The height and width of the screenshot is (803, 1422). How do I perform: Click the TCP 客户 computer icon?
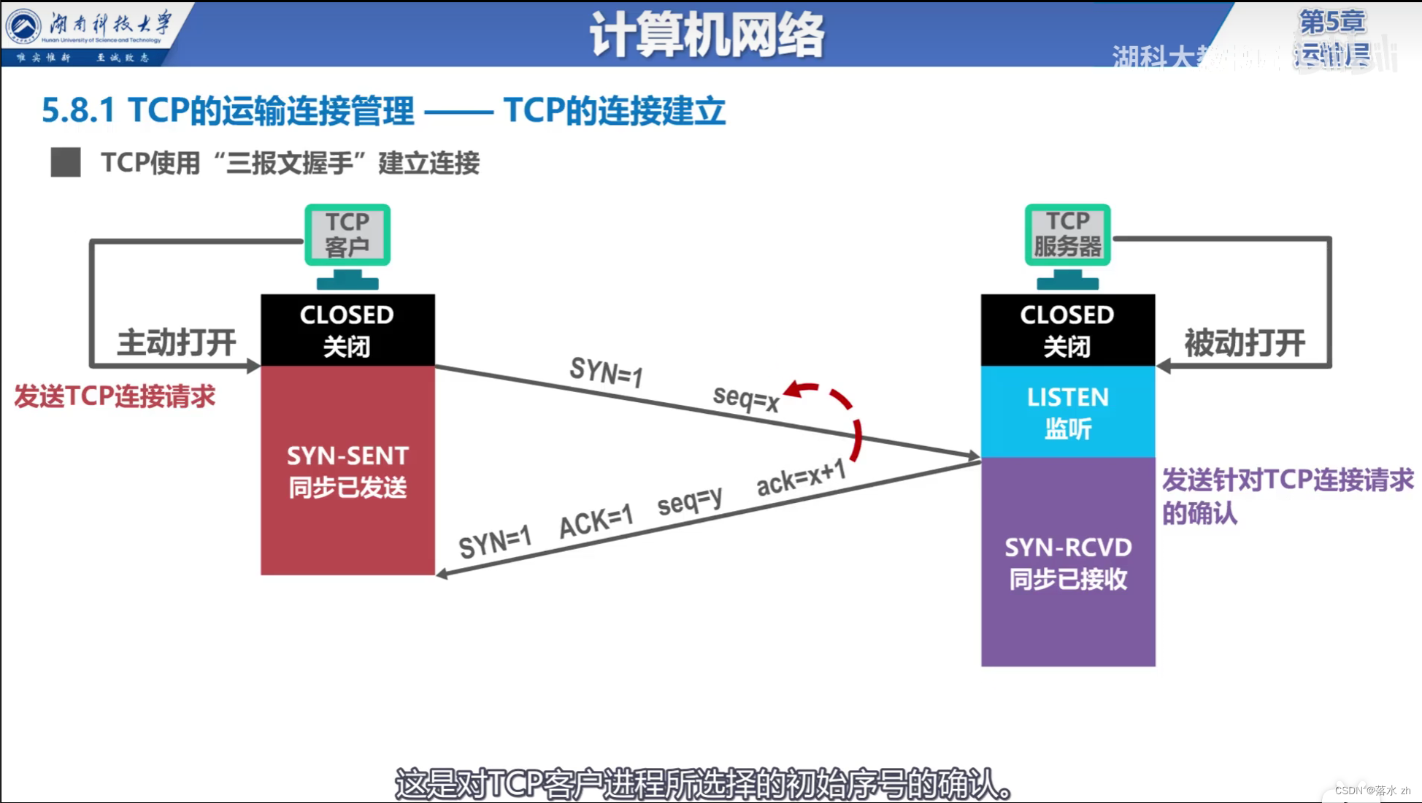[x=347, y=244]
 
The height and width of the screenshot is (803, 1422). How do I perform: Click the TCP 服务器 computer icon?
[x=1067, y=244]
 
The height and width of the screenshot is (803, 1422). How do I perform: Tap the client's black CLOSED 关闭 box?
[x=347, y=330]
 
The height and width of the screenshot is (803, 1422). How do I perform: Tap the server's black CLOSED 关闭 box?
[x=1067, y=330]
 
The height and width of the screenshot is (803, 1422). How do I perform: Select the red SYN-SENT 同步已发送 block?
[x=347, y=471]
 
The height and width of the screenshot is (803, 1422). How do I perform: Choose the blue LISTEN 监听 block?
[x=1067, y=412]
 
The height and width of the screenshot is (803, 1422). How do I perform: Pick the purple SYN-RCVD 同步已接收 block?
[x=1067, y=562]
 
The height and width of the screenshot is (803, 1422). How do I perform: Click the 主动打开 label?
[x=177, y=342]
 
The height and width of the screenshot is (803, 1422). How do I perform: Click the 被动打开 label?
[x=1245, y=342]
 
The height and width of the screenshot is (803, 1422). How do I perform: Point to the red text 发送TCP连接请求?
[x=115, y=396]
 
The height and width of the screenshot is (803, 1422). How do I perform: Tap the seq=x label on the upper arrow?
[x=746, y=399]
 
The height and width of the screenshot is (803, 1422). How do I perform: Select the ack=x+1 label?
[x=801, y=478]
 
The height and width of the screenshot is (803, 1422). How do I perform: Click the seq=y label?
[x=690, y=502]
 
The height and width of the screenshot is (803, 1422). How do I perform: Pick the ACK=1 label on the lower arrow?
[x=596, y=522]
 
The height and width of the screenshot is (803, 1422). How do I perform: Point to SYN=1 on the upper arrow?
[x=606, y=372]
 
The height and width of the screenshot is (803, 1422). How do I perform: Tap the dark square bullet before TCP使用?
[x=66, y=162]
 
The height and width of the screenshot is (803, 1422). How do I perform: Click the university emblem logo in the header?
[x=23, y=26]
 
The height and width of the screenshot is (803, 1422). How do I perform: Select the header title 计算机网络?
[x=707, y=34]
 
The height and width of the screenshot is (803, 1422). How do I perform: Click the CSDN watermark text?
[x=1372, y=791]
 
